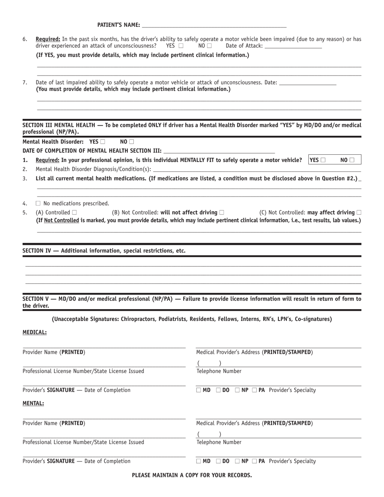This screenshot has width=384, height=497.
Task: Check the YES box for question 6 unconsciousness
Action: pyautogui.click(x=180, y=46)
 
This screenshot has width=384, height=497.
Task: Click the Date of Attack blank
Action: pyautogui.click(x=293, y=46)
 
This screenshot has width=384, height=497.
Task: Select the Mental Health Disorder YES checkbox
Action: pyautogui.click(x=103, y=142)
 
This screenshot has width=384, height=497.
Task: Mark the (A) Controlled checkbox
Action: pyautogui.click(x=74, y=212)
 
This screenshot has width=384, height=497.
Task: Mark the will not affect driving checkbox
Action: pyautogui.click(x=221, y=212)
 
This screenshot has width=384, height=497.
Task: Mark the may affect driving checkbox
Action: pyautogui.click(x=359, y=212)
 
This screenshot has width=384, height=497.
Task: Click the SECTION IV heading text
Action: pyautogui.click(x=104, y=251)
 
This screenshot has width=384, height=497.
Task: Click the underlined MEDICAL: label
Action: pyautogui.click(x=34, y=332)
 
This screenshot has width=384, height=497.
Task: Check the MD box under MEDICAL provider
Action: pyautogui.click(x=198, y=390)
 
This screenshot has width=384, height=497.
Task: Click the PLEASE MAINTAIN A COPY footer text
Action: pyautogui.click(x=192, y=475)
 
